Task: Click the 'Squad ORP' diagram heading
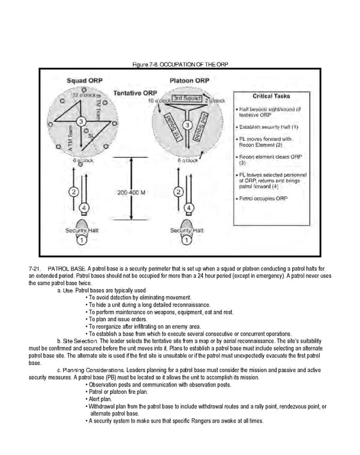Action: pos(83,80)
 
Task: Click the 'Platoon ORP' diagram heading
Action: pos(190,80)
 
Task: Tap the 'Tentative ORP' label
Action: pos(136,93)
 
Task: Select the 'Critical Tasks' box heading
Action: pos(271,96)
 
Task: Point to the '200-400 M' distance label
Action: pos(135,193)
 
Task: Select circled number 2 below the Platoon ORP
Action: pos(178,192)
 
